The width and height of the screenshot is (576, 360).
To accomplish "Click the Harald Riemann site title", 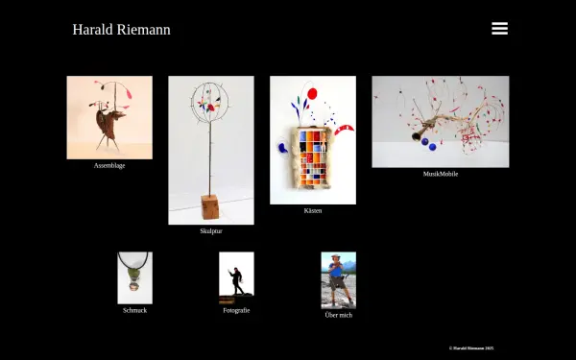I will [x=121, y=30].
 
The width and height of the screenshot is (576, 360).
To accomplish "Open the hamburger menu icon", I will [x=499, y=29].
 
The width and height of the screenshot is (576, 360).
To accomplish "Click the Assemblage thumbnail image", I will [x=109, y=117].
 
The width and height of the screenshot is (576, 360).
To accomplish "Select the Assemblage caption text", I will [x=109, y=166].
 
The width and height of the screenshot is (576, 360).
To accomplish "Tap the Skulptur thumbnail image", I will [x=211, y=150].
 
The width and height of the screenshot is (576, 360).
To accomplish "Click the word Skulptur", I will [x=211, y=231].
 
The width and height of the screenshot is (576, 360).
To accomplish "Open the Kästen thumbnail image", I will [x=313, y=140].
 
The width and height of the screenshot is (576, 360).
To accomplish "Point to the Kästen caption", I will [x=313, y=210].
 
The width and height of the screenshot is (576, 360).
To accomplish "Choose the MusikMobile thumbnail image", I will [x=441, y=122].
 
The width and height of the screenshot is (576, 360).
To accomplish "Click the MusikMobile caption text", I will [x=441, y=174].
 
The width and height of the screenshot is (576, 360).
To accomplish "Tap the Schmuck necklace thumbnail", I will [x=135, y=277].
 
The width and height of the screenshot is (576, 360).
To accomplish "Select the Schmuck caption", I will [x=135, y=310].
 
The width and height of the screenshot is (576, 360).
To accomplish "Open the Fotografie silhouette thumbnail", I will [x=236, y=277].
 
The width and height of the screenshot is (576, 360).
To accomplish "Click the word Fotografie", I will [x=236, y=310].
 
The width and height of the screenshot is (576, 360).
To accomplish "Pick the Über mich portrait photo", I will [x=338, y=279].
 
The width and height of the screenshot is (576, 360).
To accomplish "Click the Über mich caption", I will [x=338, y=315].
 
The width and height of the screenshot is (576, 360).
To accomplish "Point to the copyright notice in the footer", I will [x=471, y=348].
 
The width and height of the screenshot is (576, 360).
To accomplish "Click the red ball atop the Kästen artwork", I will [x=311, y=93].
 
